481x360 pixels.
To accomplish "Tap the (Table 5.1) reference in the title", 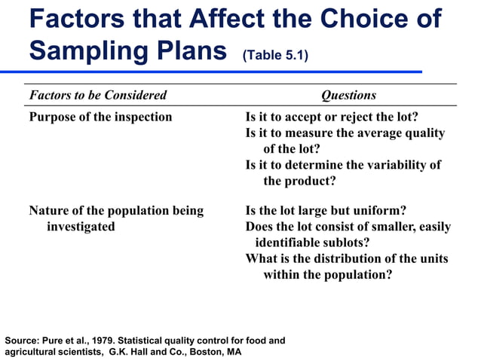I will coord(275,55).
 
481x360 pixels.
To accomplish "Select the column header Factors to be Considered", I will coord(97,95).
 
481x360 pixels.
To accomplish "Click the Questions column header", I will coord(348,95).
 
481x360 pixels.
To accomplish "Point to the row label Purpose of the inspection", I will coord(100,117).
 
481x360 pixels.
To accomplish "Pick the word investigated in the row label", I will coord(81,226).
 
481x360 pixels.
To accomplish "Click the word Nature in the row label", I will coord(49,210).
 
